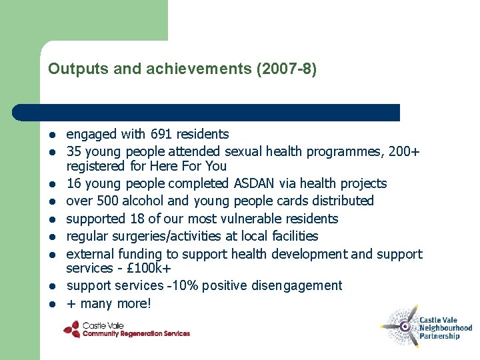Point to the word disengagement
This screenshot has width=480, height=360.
point(297,286)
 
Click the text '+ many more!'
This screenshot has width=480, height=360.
point(109,304)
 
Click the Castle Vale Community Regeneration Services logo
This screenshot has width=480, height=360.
point(127,329)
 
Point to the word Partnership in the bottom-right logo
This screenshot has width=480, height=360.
point(439,337)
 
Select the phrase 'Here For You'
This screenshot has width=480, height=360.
point(198,166)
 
